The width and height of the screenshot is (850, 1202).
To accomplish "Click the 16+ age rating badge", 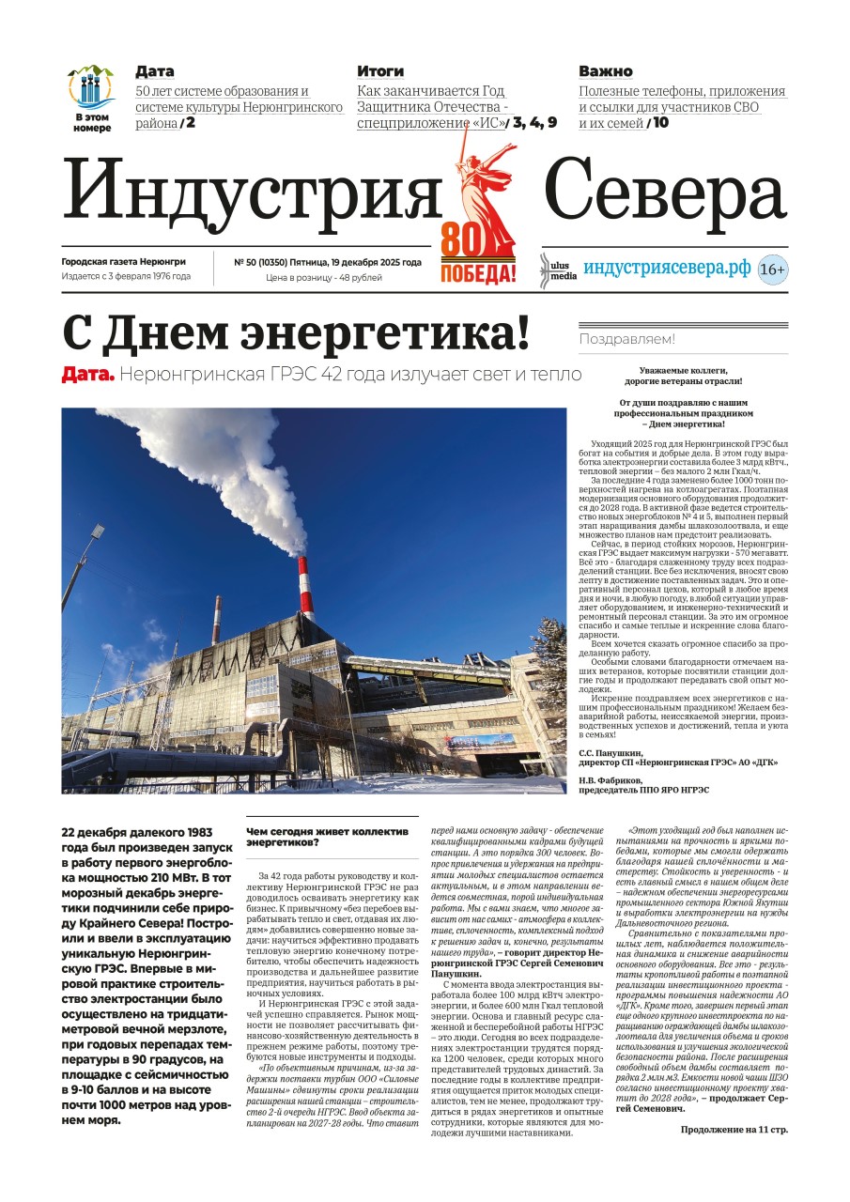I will pos(772,270).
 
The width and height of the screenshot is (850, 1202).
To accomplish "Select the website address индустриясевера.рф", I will pos(667,268).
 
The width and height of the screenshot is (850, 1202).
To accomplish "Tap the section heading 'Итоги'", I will pos(380,71).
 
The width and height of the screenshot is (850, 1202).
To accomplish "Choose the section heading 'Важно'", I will pos(605,71).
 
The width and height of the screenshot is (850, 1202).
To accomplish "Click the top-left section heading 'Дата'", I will pos(154,71).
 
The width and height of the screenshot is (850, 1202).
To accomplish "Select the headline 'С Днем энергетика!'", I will pos(296,333).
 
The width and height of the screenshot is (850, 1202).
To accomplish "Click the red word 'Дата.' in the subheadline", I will pos(88,375).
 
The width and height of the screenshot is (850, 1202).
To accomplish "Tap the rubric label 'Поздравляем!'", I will pos(626,339).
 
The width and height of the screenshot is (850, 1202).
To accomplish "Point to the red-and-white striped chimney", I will pos(305,588).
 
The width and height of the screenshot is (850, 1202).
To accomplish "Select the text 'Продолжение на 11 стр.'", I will pos(734,1130).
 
